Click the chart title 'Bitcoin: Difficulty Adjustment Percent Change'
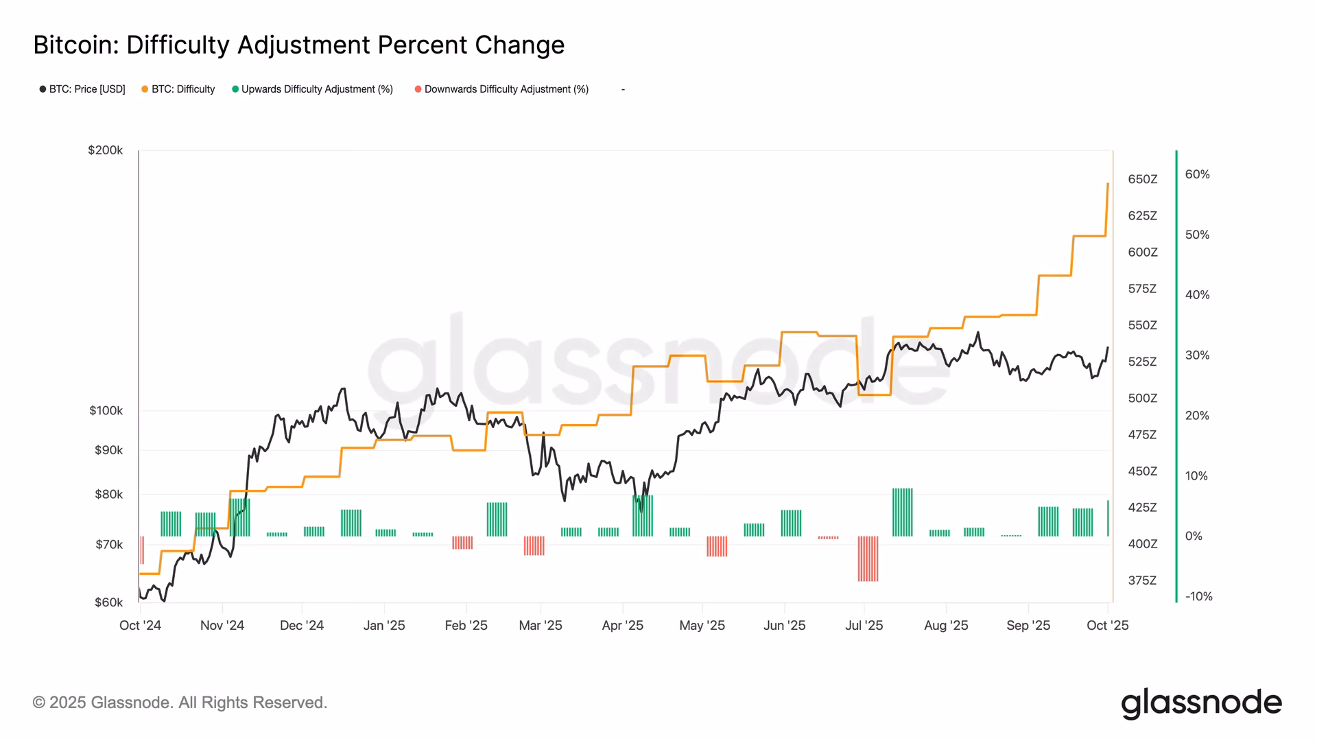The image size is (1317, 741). point(298,45)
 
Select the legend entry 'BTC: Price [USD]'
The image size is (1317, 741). point(82,89)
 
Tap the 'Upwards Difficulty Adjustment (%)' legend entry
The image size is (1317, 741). point(313,89)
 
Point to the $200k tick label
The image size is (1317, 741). point(105,150)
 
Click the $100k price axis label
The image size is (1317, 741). point(106,411)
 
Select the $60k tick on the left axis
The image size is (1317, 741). point(108,602)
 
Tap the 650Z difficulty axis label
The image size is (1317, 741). point(1142,179)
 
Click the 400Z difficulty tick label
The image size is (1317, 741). point(1142,544)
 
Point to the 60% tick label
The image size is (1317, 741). point(1197,174)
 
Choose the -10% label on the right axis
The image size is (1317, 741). point(1198,596)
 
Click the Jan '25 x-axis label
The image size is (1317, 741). point(384,625)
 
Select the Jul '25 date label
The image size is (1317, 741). point(864,625)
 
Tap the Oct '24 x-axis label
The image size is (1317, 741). point(140,625)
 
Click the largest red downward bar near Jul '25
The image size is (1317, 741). point(868,558)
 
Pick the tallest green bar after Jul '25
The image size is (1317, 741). point(902,512)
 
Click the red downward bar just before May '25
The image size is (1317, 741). point(717,546)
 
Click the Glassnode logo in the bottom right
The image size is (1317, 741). point(1201,703)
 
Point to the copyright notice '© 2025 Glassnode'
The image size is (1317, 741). point(180,703)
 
